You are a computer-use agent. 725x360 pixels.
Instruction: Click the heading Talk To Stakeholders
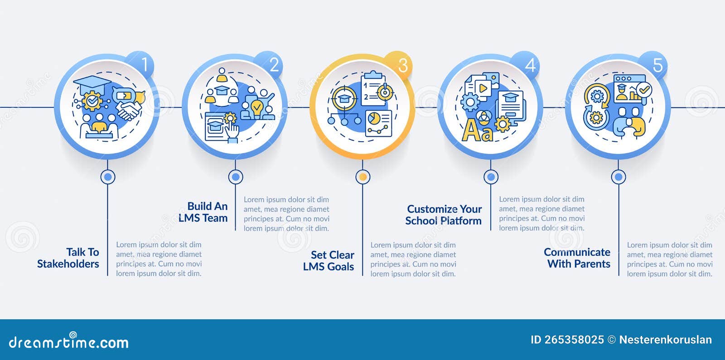[69, 258]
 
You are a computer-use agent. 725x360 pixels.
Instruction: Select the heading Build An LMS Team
[203, 212]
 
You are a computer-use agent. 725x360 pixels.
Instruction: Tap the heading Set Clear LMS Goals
[329, 261]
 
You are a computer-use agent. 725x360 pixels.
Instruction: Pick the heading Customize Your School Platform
[444, 215]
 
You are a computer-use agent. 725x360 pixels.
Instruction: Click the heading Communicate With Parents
[577, 258]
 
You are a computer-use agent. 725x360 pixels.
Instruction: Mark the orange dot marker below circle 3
[362, 177]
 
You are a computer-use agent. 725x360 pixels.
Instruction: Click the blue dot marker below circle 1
[108, 177]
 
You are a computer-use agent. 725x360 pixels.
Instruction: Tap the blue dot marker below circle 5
[619, 177]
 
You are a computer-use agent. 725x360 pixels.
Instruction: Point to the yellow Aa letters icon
[477, 131]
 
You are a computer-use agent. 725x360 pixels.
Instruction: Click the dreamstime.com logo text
[69, 342]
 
